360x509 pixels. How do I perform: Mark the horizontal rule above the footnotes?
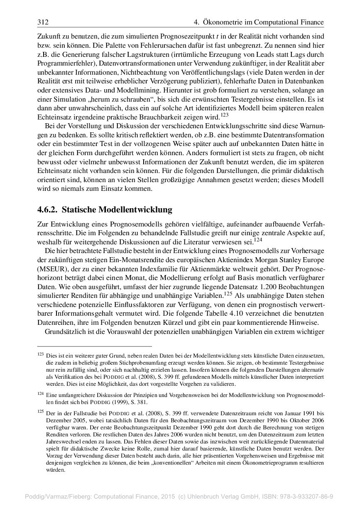[95, 346]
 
